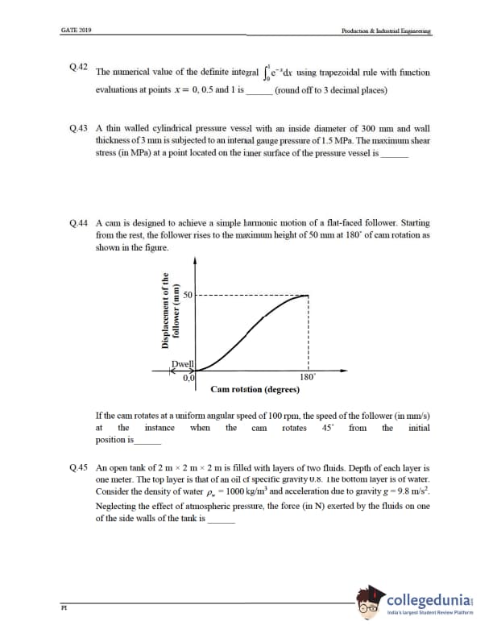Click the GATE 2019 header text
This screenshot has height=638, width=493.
coord(76,30)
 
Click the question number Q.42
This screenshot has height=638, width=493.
coord(78,65)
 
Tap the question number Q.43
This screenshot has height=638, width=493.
coord(79,128)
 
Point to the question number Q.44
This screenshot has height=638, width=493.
coord(79,222)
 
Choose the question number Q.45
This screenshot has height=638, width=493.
coord(79,467)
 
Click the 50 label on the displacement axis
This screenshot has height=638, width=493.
coord(186,296)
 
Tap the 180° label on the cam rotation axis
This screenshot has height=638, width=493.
coord(307,377)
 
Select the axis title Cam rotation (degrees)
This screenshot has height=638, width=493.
coord(255,389)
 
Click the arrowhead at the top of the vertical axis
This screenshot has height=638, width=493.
coord(196,261)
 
